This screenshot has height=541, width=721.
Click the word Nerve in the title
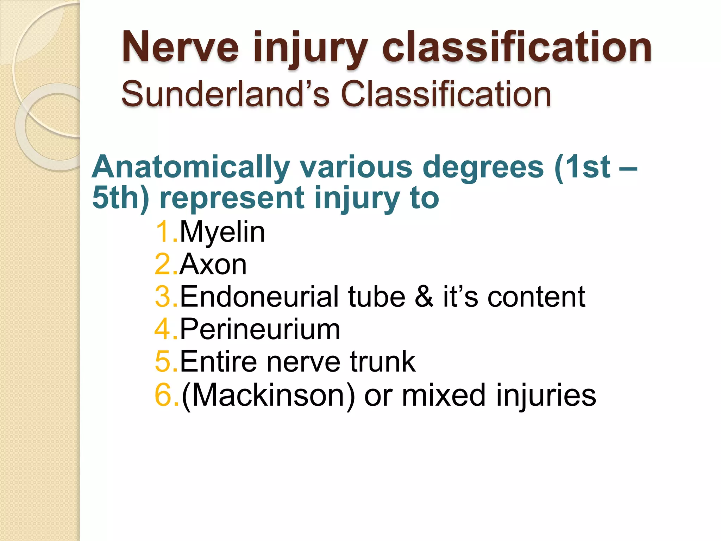180,48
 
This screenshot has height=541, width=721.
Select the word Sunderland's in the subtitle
225,94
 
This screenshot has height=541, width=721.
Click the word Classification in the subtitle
446,94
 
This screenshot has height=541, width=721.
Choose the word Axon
213,265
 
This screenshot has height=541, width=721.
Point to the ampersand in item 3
424,297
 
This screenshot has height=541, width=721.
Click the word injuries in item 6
546,395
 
